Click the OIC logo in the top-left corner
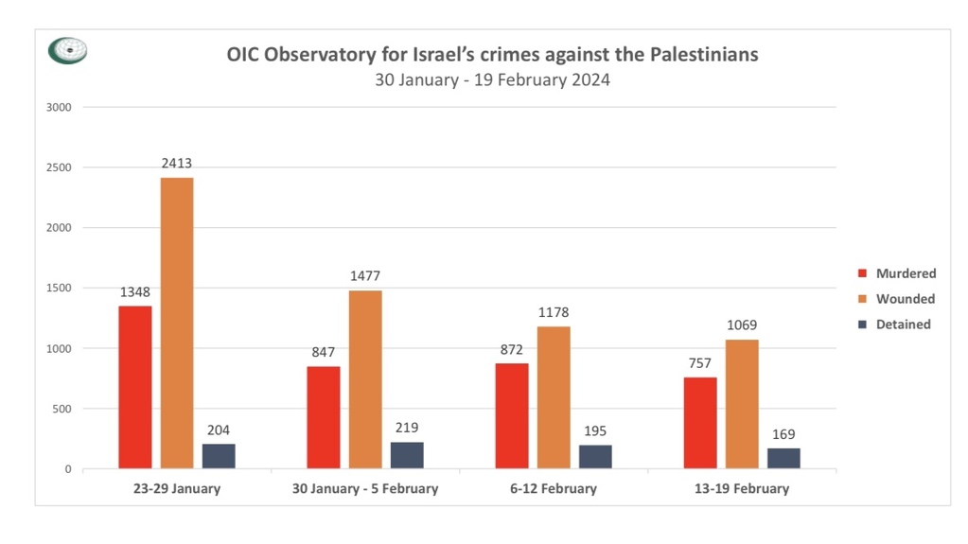point(67,51)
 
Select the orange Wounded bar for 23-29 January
point(176,323)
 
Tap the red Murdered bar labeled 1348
point(134,387)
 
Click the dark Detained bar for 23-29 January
point(219,456)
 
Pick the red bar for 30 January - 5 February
point(323,417)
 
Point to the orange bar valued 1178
point(554,397)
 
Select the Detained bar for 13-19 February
point(783,458)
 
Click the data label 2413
point(176,164)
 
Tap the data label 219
point(407,428)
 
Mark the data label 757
point(700,363)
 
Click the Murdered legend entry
point(905,273)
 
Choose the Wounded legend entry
point(905,299)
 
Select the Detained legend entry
point(903,325)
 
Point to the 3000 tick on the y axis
point(59,107)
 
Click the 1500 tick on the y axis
point(59,289)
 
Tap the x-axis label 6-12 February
point(554,489)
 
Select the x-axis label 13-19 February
point(742,489)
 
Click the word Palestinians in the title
point(704,54)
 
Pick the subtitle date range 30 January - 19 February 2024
point(492,79)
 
